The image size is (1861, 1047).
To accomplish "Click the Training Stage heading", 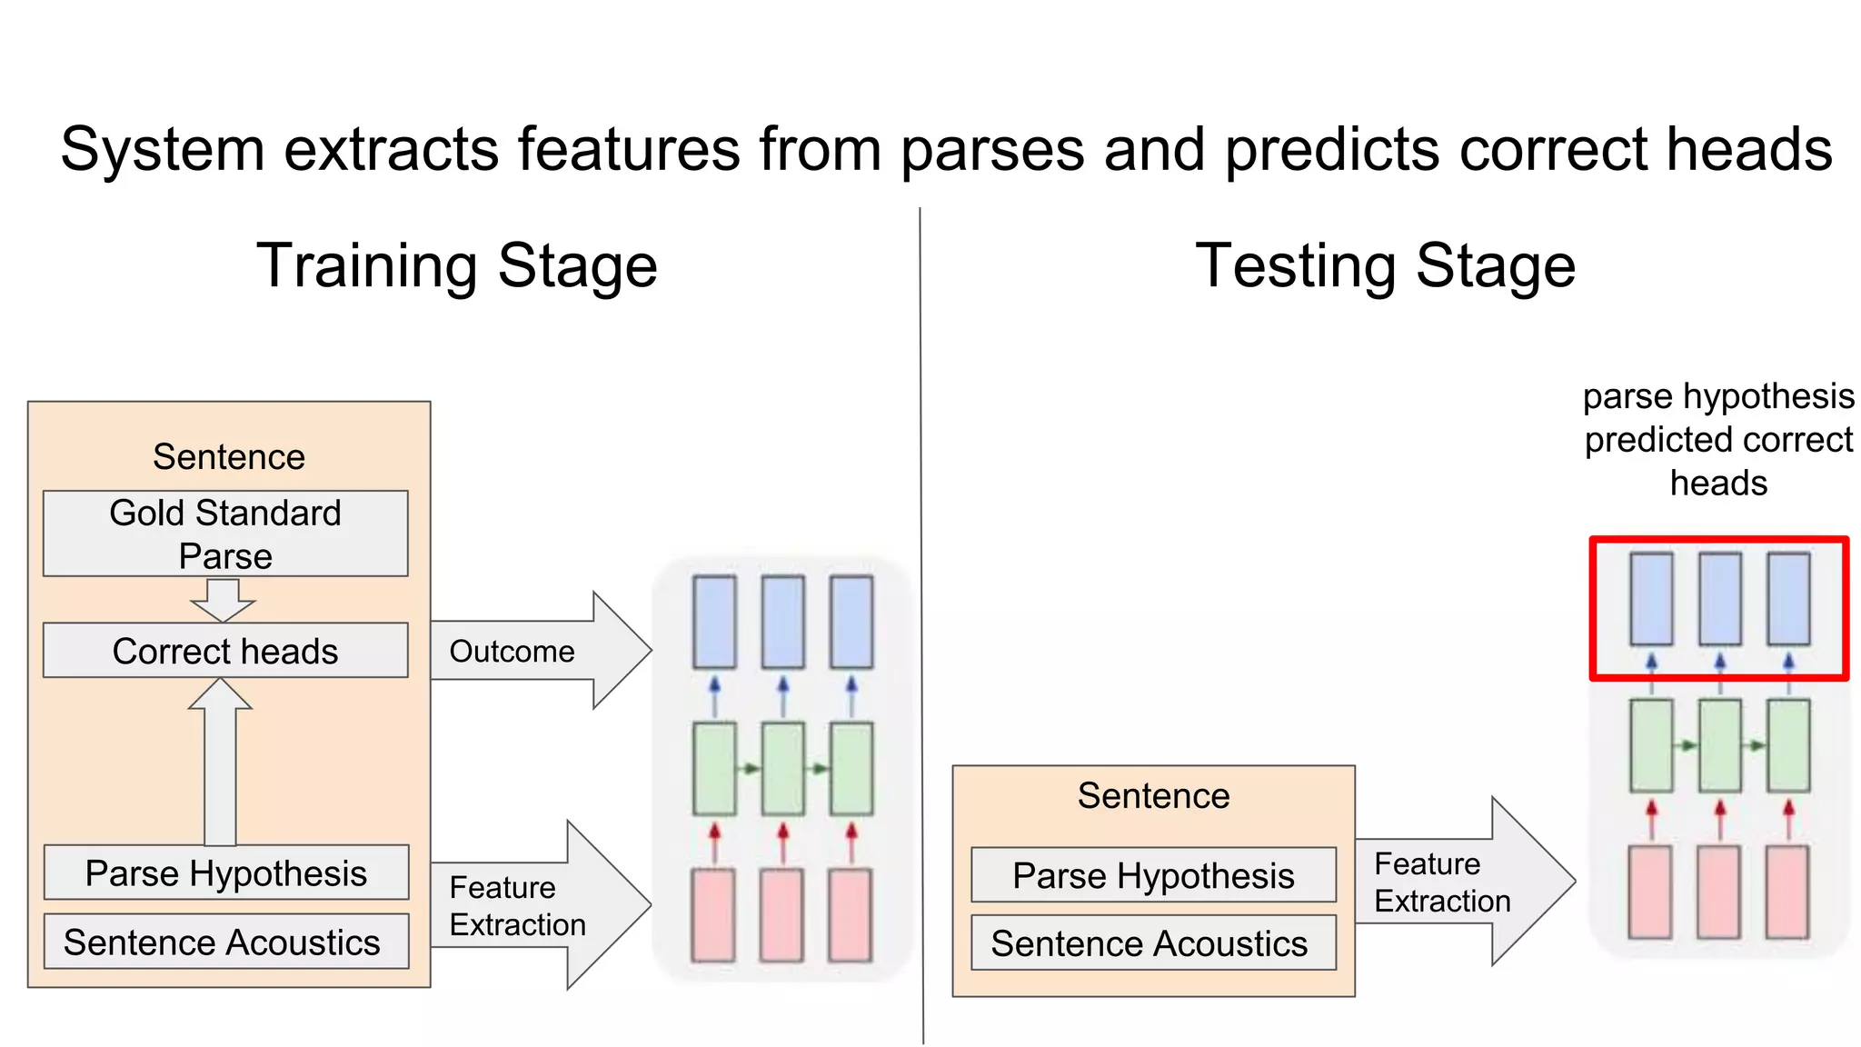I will coord(457,266).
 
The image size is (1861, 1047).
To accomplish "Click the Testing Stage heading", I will coord(1385,266).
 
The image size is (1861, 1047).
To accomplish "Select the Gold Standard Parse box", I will coord(225,533).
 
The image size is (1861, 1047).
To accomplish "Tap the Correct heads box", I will coord(225,651).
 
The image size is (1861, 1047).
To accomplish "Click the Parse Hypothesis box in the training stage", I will coord(225,873).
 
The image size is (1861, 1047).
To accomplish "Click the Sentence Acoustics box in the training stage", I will coord(225,942).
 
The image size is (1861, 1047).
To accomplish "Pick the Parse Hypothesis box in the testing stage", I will coord(1153,876).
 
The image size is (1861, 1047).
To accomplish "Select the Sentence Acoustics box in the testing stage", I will coord(1153,944).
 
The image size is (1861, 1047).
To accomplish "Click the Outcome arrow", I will coord(536,651).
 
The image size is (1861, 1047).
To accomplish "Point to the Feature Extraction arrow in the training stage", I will coord(536,905).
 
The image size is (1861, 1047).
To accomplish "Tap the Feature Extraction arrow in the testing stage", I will coord(1463,882).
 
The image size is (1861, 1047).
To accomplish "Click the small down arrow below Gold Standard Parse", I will coord(223,600).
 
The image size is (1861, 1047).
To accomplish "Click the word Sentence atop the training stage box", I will coord(229,457).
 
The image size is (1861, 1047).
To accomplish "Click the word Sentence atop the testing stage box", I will coord(1153,796).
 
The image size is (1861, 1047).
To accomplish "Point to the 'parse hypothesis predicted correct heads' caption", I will coord(1717,440).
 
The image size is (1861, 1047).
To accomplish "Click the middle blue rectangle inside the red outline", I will coord(1720,599).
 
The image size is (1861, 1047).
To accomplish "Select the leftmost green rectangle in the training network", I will coord(714,769).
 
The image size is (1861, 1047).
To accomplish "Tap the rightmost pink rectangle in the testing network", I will coord(1787,892).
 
